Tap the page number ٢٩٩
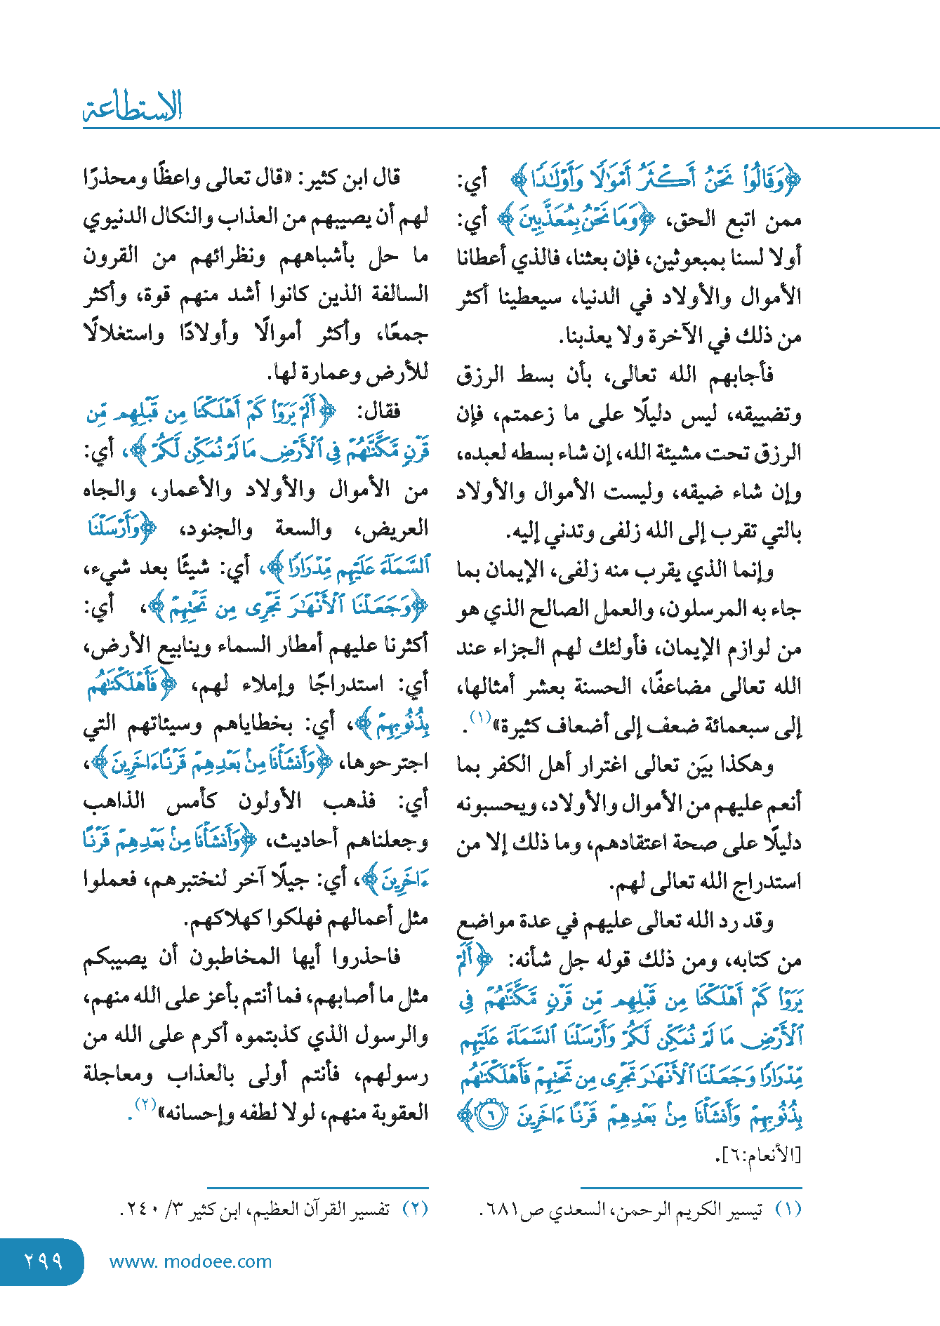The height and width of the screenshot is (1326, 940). tap(44, 1261)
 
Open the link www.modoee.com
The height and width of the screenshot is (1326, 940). tap(190, 1261)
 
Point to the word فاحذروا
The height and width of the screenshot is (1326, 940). tap(366, 957)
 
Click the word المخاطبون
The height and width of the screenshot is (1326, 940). tap(232, 957)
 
